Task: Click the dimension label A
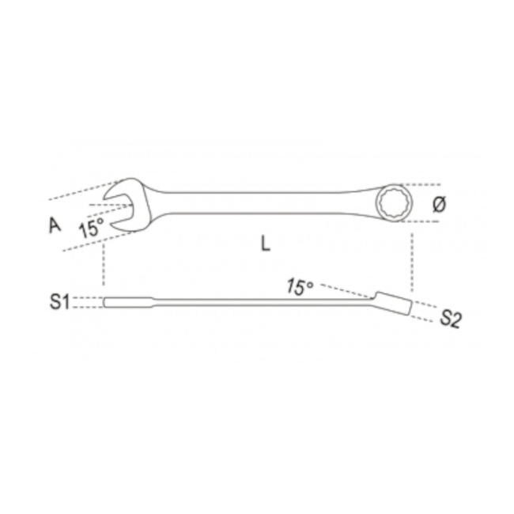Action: tap(55, 225)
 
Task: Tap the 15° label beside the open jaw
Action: tap(91, 230)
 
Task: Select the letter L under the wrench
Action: tap(266, 244)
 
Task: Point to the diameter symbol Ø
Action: tap(440, 204)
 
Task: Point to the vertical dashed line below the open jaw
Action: tap(103, 265)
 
